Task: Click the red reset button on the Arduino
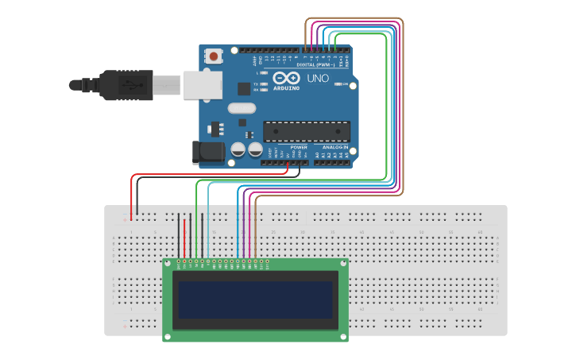215,56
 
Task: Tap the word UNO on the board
318,79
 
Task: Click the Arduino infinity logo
286,78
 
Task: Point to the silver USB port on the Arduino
202,84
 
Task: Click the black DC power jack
204,153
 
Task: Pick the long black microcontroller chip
307,131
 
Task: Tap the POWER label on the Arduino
299,148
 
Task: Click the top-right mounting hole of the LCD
343,263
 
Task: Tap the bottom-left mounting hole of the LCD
168,337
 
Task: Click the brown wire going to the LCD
256,230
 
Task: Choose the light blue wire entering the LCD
208,230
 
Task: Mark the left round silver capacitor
238,149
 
